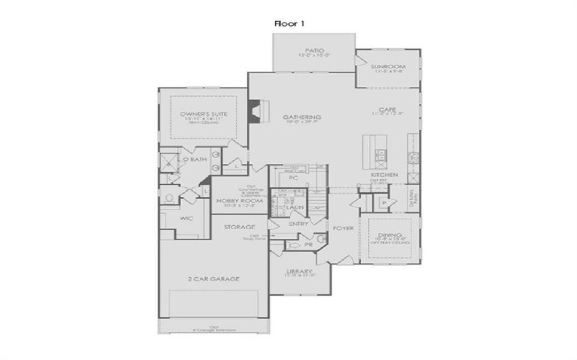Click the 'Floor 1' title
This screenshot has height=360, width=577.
click(290, 23)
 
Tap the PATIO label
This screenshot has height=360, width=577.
click(314, 51)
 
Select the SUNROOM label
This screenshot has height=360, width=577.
click(387, 67)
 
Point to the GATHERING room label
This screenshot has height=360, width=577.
click(303, 117)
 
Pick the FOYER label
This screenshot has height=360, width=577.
click(344, 228)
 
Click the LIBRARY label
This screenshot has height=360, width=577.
click(300, 271)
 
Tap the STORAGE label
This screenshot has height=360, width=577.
click(239, 227)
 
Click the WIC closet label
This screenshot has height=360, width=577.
click(186, 218)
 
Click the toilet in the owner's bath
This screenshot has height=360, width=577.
click(169, 197)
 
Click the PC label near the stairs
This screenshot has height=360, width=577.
click(293, 178)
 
